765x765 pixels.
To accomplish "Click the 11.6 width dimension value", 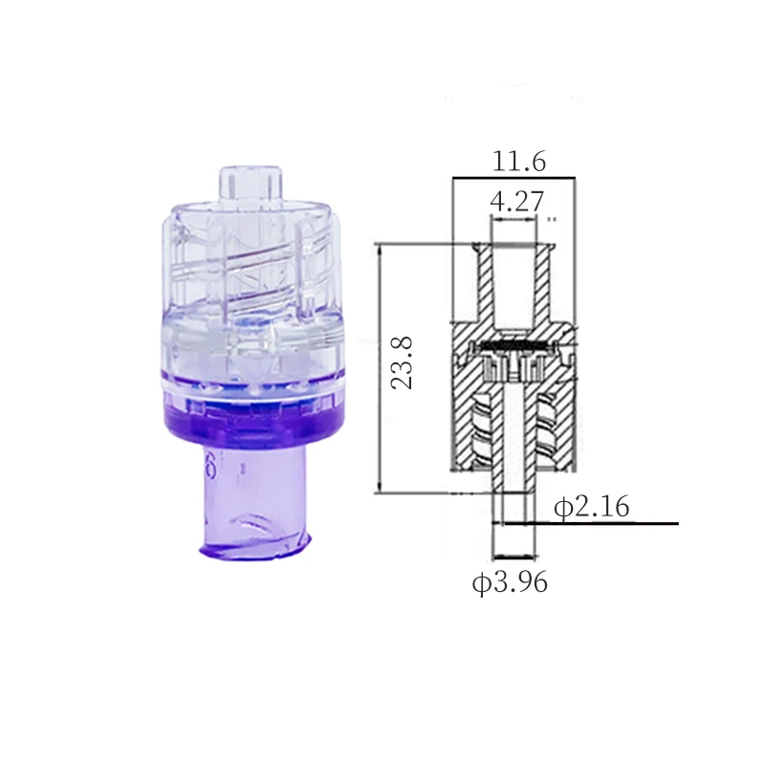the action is pos(518,162).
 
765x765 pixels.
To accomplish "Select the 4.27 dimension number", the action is pos(517,201).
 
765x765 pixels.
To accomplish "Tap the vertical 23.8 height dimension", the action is pos(403,362).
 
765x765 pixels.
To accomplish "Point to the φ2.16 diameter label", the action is pos(591,507).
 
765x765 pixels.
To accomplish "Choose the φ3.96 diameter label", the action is pos(510,582).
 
